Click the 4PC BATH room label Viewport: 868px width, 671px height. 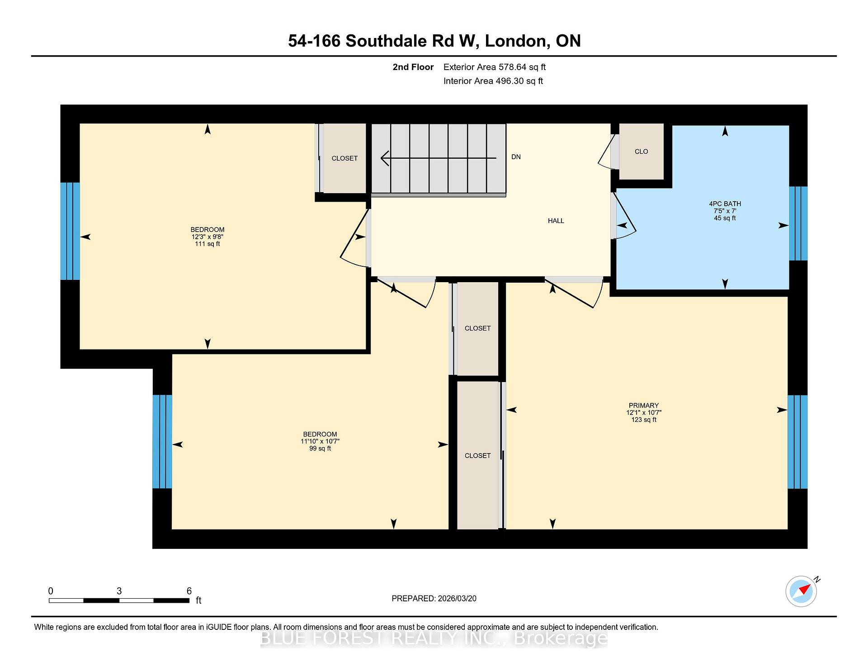(725, 204)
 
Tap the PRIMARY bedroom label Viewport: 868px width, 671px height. (643, 406)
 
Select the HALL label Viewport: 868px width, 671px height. (556, 221)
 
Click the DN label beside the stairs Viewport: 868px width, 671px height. (516, 157)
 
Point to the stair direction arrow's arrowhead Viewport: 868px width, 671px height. (385, 158)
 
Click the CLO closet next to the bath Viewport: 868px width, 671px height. (641, 151)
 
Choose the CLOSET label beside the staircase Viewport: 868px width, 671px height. (344, 158)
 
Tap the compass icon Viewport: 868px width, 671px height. (801, 591)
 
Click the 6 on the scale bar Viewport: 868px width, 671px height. (189, 591)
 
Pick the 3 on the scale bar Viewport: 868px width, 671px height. (119, 591)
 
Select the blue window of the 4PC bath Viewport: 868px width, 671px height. (798, 223)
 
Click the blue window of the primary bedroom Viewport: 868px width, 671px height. (797, 442)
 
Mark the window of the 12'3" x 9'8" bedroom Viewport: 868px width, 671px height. (70, 231)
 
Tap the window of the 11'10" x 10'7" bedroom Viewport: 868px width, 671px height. (162, 442)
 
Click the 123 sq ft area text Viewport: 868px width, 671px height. (644, 420)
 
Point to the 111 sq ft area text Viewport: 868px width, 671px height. (208, 244)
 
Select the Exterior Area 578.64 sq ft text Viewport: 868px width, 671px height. (495, 67)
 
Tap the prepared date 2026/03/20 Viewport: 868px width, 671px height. (457, 599)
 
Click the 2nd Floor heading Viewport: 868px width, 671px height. (413, 67)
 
